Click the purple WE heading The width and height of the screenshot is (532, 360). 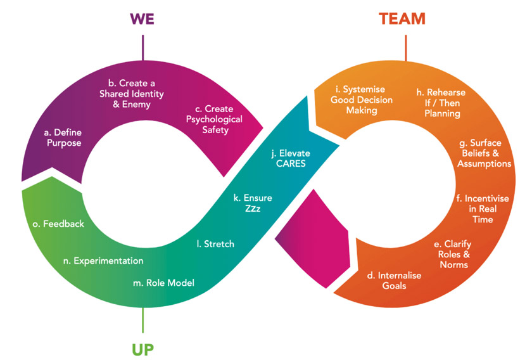click(142, 18)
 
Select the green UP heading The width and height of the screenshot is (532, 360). click(142, 348)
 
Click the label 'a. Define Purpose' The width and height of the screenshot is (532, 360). click(63, 138)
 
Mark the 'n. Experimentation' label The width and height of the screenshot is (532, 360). click(103, 260)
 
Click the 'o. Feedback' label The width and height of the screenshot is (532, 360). click(58, 224)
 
